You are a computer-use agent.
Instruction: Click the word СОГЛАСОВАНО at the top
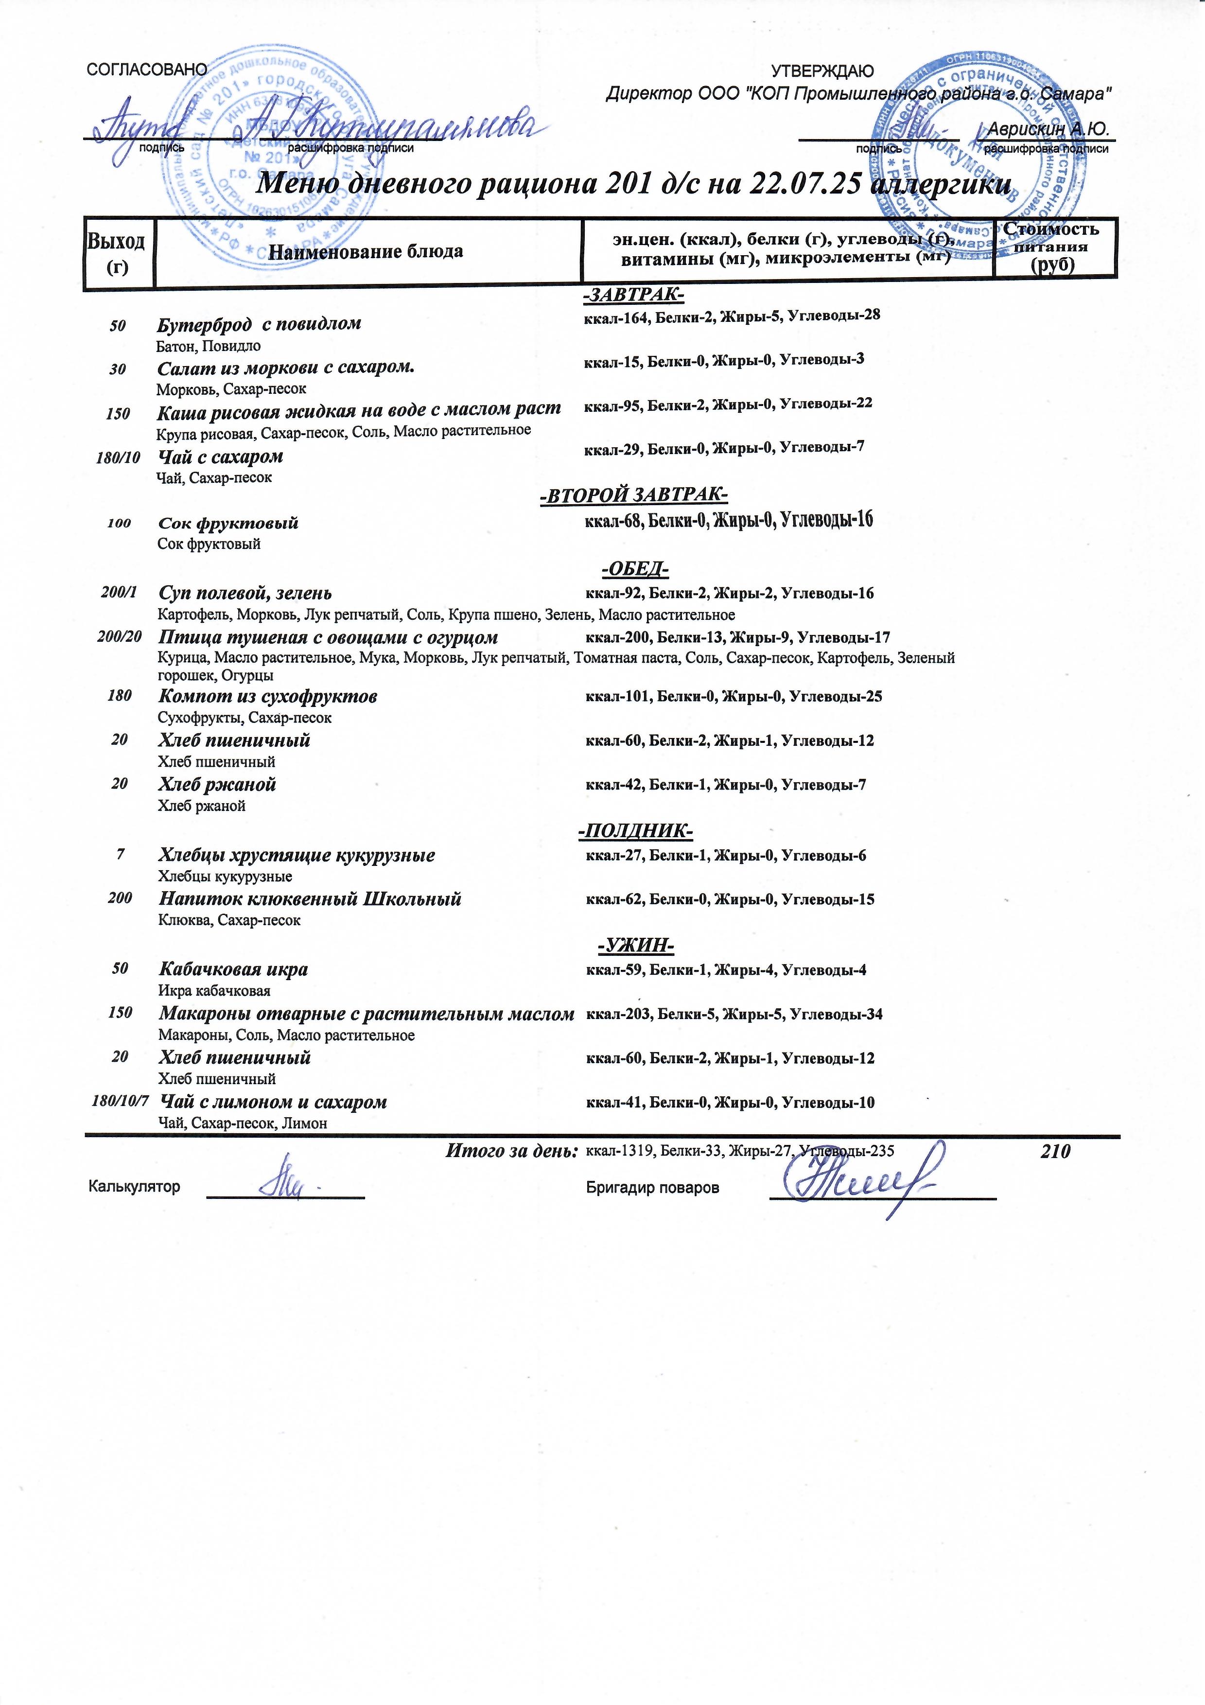click(147, 70)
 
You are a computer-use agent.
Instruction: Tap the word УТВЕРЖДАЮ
click(822, 71)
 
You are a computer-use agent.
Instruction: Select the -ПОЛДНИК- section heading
click(635, 830)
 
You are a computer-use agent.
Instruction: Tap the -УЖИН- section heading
click(635, 945)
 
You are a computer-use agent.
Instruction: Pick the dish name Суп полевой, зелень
click(245, 593)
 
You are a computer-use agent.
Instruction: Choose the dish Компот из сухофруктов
click(268, 697)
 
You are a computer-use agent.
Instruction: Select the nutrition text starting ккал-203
click(733, 1014)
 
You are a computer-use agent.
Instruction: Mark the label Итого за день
click(511, 1152)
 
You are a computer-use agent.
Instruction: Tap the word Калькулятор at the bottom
click(134, 1187)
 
